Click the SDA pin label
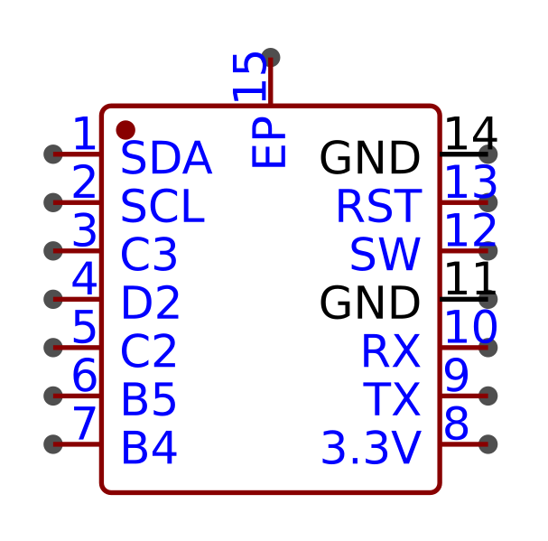tap(165, 160)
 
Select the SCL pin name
tap(162, 208)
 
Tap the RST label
tap(377, 208)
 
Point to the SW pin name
tap(385, 256)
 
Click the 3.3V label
tap(370, 449)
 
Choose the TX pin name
tap(391, 400)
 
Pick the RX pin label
tap(390, 352)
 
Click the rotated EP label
tap(269, 146)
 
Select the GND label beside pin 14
tap(369, 160)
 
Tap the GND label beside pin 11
tap(369, 304)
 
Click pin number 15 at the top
tap(251, 78)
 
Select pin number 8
tap(456, 424)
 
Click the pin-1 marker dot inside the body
tap(125, 130)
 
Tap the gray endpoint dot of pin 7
tap(53, 443)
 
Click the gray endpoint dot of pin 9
tap(488, 396)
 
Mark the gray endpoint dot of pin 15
tap(270, 58)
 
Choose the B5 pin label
tap(148, 400)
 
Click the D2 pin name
tap(150, 304)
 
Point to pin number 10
tap(470, 328)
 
